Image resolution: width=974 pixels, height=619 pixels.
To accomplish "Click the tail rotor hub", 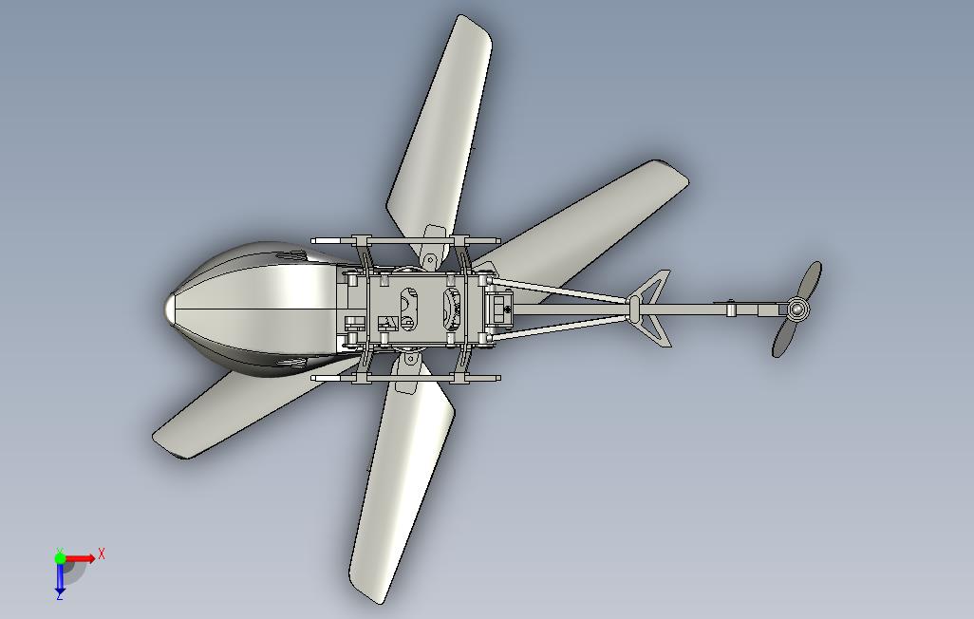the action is [797, 309].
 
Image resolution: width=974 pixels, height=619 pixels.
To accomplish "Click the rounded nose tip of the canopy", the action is [169, 309].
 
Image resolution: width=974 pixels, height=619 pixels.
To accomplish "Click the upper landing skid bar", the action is [405, 240].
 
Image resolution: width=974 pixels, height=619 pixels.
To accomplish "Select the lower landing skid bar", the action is [405, 377].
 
